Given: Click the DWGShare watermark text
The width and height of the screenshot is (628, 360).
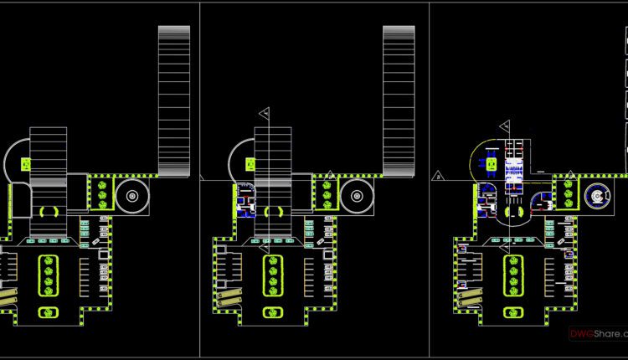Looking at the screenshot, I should [597, 334].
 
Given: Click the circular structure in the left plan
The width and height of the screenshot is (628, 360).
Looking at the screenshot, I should [131, 197].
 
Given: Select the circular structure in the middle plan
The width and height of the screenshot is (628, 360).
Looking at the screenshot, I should [358, 197].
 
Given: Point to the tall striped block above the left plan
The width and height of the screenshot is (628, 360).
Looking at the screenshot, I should [174, 100].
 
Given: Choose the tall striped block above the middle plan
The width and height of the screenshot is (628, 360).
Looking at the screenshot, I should [399, 100].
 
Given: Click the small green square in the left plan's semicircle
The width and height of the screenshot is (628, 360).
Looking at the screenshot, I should [27, 164].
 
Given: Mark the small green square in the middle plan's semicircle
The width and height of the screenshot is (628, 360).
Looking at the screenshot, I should [252, 164].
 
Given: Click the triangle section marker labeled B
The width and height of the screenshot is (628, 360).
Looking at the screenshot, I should [438, 177].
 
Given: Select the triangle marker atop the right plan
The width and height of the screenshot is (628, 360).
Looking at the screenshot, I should [505, 125].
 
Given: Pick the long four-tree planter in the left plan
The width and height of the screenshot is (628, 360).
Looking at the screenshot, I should [49, 275].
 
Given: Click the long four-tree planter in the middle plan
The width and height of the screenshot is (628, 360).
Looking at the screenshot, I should [274, 275].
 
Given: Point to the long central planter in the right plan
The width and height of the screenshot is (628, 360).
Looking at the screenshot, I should [513, 275].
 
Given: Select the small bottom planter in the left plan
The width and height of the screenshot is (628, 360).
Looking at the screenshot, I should [49, 312].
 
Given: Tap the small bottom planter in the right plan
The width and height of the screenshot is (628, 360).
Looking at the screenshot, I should [513, 312].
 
